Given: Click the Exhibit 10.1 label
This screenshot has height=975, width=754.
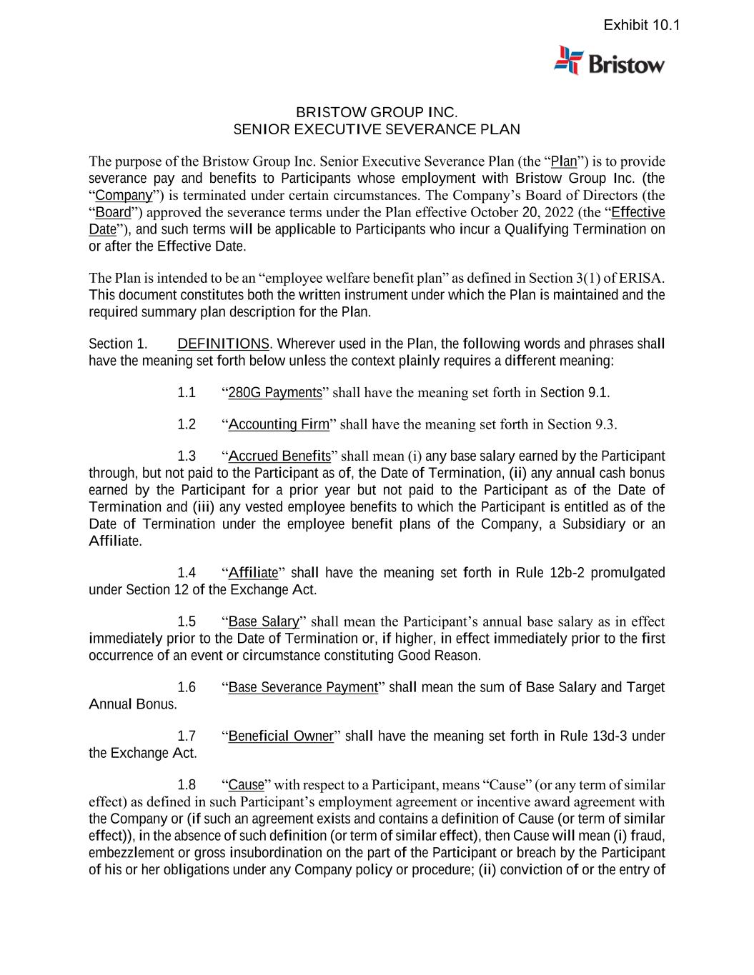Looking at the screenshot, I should [x=641, y=26].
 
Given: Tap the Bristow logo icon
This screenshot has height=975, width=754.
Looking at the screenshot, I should [x=569, y=61].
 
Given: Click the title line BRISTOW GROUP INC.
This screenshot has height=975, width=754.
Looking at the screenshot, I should [x=377, y=112].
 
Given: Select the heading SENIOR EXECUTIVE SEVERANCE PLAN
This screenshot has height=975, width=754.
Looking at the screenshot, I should [x=377, y=129].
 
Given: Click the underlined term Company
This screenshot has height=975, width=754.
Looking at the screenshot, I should [x=124, y=195].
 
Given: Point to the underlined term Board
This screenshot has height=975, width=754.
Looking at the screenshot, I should [x=114, y=212].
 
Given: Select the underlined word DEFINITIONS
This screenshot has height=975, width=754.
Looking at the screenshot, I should [x=223, y=344].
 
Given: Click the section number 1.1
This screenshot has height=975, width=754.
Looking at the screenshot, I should [x=187, y=392].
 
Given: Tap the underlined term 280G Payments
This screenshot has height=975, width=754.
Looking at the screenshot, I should [x=275, y=392].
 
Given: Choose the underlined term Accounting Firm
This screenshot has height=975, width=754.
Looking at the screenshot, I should [x=279, y=424].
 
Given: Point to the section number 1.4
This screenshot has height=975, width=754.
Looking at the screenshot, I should [x=187, y=573].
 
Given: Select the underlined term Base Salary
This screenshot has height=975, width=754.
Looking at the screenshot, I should [x=264, y=621].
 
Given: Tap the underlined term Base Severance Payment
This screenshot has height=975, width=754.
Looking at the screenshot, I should [x=303, y=687].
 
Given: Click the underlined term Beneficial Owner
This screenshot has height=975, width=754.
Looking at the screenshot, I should [x=281, y=736].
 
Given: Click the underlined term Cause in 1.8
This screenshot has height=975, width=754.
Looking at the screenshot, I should [x=246, y=785].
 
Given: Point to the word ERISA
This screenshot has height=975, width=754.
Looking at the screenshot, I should [x=643, y=278].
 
